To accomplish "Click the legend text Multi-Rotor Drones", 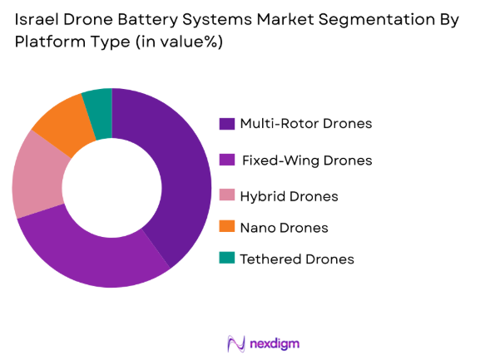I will (x=305, y=124).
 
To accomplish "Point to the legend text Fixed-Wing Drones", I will (x=306, y=160).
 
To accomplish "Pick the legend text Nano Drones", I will (x=284, y=227).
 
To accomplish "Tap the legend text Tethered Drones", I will (x=297, y=259).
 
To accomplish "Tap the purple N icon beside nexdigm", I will (x=235, y=343).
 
